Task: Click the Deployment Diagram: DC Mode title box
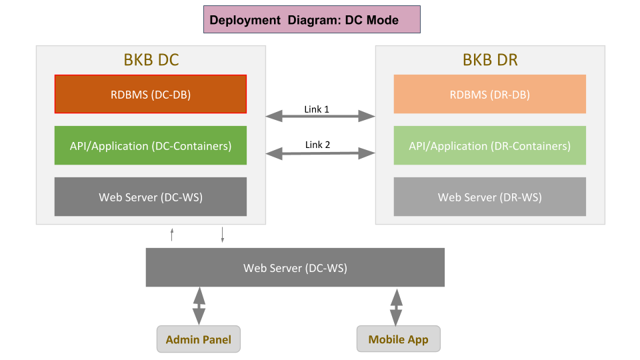(x=312, y=19)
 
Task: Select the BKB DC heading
(x=151, y=60)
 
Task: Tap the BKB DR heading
(x=490, y=60)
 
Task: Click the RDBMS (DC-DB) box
(x=151, y=94)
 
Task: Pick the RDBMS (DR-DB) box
(x=490, y=94)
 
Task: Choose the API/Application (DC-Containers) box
(x=151, y=145)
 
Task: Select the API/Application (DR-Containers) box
(x=490, y=145)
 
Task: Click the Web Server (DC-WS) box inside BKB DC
(x=151, y=197)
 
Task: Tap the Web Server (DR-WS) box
(x=490, y=197)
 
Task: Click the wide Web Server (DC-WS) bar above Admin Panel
(x=295, y=267)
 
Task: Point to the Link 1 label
(x=317, y=109)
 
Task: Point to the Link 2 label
(x=317, y=145)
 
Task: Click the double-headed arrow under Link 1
(x=321, y=116)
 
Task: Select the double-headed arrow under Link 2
(x=321, y=153)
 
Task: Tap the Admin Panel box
(x=199, y=339)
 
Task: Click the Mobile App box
(x=399, y=339)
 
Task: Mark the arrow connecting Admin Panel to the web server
(x=199, y=306)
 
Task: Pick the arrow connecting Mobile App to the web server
(x=396, y=308)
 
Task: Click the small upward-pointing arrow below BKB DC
(x=172, y=235)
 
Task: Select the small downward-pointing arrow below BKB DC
(x=223, y=235)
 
